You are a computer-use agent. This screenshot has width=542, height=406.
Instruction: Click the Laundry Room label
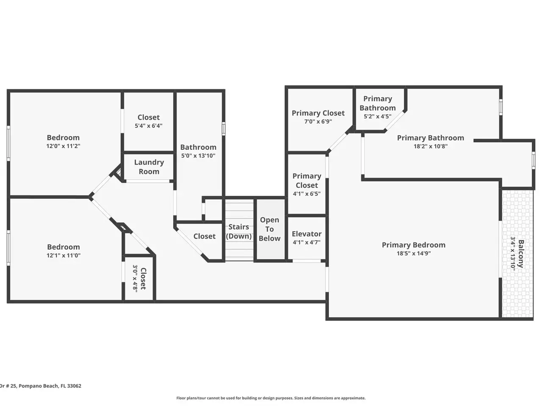pyautogui.click(x=149, y=167)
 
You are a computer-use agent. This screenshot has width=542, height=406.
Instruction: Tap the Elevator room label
pyautogui.click(x=307, y=234)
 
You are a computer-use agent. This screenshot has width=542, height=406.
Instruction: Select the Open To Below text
pyautogui.click(x=270, y=229)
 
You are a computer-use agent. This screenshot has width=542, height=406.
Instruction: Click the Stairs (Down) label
pyautogui.click(x=239, y=231)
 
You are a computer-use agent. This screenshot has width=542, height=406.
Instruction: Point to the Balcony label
pyautogui.click(x=520, y=254)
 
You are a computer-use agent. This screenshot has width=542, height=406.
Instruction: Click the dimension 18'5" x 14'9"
pyautogui.click(x=414, y=253)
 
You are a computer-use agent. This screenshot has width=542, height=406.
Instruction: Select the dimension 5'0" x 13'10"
pyautogui.click(x=198, y=156)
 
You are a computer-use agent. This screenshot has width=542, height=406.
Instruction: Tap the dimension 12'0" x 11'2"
pyautogui.click(x=63, y=146)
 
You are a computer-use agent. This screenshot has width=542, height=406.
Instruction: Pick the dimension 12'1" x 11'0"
pyautogui.click(x=64, y=255)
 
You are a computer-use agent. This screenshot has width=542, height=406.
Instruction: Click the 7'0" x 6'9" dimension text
pyautogui.click(x=318, y=121)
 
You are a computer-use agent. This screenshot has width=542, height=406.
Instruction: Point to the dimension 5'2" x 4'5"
pyautogui.click(x=378, y=116)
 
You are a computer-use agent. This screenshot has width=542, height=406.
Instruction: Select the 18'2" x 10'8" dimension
pyautogui.click(x=431, y=146)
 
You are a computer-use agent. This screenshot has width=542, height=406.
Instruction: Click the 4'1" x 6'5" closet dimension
pyautogui.click(x=307, y=194)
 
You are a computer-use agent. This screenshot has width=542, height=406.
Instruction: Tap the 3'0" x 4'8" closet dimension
pyautogui.click(x=135, y=279)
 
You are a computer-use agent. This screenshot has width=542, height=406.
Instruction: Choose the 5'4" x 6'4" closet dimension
pyautogui.click(x=148, y=126)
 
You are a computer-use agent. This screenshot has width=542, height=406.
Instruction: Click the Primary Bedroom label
pyautogui.click(x=414, y=245)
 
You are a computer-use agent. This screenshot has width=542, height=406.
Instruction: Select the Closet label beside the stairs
pyautogui.click(x=205, y=236)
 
